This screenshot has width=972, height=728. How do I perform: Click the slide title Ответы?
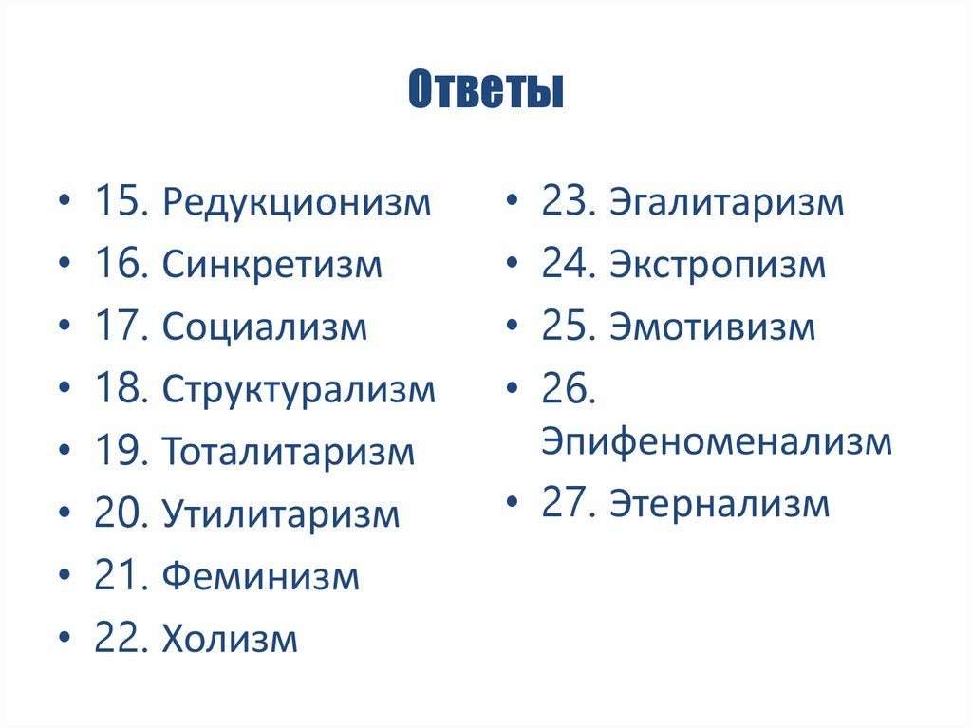[x=485, y=93]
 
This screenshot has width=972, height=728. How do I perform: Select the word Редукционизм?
[x=296, y=202]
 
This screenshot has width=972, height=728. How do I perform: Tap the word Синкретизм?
[x=271, y=265]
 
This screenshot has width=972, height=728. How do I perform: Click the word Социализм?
[x=264, y=327]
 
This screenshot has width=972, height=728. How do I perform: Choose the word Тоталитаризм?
[x=289, y=452]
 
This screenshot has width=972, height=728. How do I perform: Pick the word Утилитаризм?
[x=281, y=514]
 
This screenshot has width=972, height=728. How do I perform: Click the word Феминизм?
[x=260, y=576]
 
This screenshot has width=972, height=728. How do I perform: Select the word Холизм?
[x=230, y=639]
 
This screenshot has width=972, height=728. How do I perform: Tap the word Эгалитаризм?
[x=727, y=202]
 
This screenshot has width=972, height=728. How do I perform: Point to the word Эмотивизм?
[x=713, y=327]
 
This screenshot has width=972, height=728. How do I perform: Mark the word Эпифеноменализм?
[x=717, y=441]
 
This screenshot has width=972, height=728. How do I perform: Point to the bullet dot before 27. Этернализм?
[x=512, y=505]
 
